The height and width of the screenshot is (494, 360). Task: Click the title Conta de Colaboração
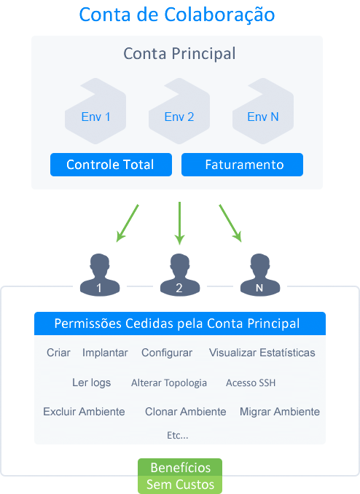[x=177, y=15]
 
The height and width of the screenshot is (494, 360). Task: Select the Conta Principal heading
[x=179, y=54]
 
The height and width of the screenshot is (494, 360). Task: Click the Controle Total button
[x=111, y=165]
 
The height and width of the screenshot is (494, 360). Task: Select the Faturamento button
[x=242, y=165]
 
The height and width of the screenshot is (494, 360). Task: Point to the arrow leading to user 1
[x=128, y=224]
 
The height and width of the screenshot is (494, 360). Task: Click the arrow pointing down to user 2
[x=180, y=224]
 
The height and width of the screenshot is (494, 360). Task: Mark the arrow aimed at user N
[x=230, y=224]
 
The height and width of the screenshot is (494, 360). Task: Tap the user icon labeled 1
[x=100, y=275]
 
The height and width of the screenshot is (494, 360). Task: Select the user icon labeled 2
[x=180, y=275]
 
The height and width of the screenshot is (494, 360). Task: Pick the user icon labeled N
[x=259, y=275]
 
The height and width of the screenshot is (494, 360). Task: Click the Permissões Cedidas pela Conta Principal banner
[x=180, y=324]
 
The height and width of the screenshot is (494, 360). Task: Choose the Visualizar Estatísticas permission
[x=262, y=353]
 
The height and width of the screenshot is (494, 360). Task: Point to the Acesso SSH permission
[x=251, y=383]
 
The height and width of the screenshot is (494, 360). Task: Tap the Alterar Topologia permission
[x=169, y=383]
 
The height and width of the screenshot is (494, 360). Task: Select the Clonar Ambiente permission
[x=185, y=412]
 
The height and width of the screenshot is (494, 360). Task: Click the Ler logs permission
[x=91, y=383]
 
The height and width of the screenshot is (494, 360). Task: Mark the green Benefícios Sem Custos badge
[x=180, y=476]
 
